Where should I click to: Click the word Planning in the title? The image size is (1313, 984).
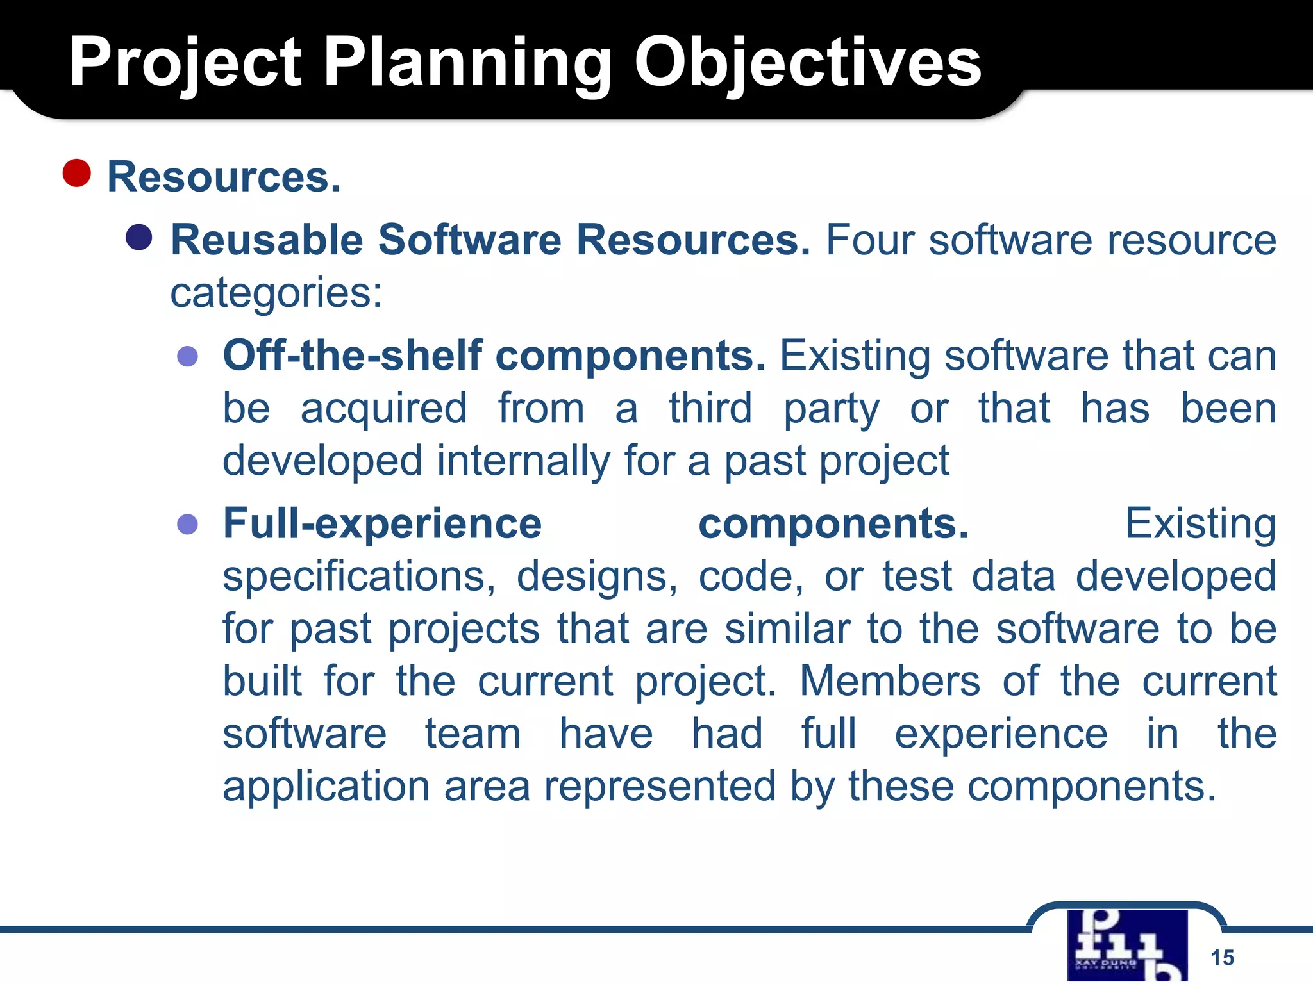tap(467, 62)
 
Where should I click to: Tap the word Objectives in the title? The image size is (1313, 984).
tap(808, 62)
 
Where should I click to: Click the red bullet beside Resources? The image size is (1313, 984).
tap(77, 173)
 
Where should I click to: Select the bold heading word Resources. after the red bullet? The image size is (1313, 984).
tap(224, 177)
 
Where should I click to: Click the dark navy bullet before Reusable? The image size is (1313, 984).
tap(139, 238)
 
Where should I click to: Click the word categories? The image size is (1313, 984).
tap(276, 293)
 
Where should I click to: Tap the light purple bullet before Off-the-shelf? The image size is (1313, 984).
tap(187, 356)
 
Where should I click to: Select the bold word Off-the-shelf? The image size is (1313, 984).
tap(352, 356)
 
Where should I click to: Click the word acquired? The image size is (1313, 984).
tap(383, 409)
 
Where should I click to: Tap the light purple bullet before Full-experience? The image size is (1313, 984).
tap(187, 524)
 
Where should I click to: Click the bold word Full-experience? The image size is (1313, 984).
tap(382, 524)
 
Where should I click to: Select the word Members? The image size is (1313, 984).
tap(889, 681)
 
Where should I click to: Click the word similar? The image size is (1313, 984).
tap(787, 629)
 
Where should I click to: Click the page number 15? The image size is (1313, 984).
tap(1222, 958)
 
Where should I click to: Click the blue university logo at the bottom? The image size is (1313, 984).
tap(1127, 945)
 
